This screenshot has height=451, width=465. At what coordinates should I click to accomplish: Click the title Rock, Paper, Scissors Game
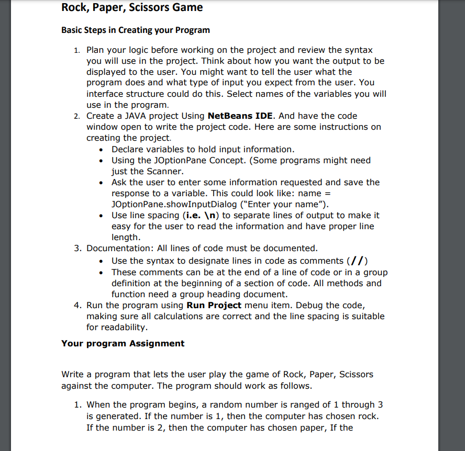tap(132, 8)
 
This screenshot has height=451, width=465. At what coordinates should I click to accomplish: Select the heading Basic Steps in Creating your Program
tap(135, 30)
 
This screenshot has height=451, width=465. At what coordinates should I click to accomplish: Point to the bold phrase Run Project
tap(214, 305)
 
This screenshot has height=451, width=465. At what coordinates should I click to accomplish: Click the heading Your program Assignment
tap(123, 343)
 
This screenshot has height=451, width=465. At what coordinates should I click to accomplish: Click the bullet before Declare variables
tap(101, 150)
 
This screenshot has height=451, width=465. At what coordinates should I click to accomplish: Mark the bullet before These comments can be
tap(101, 273)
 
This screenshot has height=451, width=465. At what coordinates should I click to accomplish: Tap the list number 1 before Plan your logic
tap(76, 50)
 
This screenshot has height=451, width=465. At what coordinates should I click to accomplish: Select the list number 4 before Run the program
tap(76, 305)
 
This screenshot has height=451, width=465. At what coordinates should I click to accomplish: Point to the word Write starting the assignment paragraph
tap(73, 374)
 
